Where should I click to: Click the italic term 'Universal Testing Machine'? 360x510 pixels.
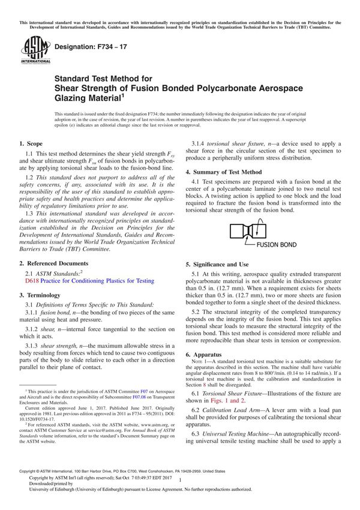(x=244, y=433)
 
